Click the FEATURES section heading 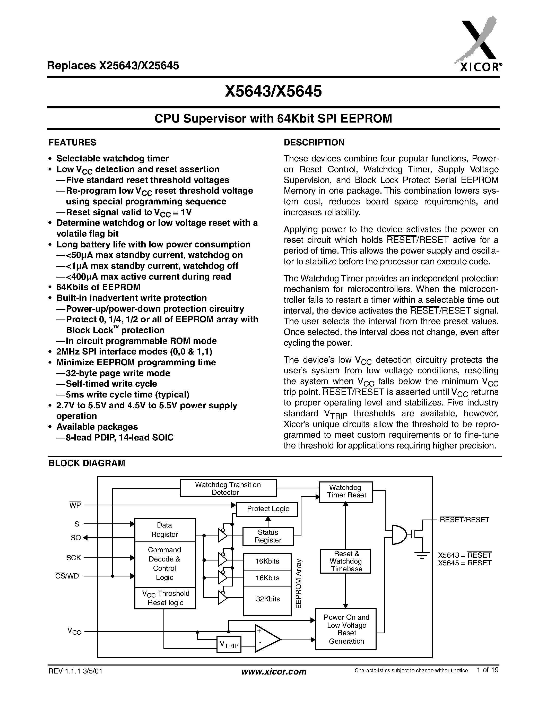coord(72,143)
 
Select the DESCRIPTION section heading coord(314,143)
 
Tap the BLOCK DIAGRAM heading coord(86,463)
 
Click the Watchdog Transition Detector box coord(228,488)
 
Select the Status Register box coord(268,536)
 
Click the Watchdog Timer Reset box coord(346,491)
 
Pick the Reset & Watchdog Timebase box coord(345,561)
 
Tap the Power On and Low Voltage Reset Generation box coord(346,629)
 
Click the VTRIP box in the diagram coord(229,645)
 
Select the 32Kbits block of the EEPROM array coord(267,599)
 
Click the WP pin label coord(75,505)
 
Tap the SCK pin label coord(74,558)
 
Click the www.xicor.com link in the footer coord(274,671)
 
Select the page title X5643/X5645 coord(273,91)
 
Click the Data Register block coord(165,530)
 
